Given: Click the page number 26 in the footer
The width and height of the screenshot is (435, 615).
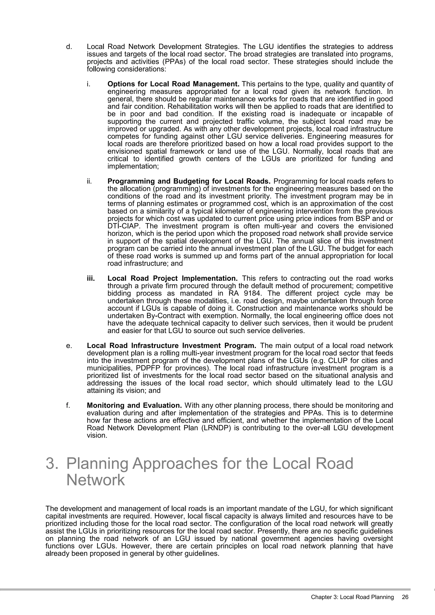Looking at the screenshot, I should (x=405, y=597).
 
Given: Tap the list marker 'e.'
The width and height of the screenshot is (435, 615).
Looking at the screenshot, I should (x=69, y=346).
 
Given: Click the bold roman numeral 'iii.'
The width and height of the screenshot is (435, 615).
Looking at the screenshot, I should (x=91, y=278).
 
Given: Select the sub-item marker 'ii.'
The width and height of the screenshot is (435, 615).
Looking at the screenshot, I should (x=89, y=181).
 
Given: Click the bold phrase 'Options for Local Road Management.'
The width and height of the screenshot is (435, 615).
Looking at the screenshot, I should (x=173, y=84).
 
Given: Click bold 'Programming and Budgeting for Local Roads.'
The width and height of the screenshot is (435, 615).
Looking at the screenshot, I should (x=189, y=181).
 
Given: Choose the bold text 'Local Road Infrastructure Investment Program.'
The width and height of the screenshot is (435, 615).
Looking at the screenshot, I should (x=171, y=346).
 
